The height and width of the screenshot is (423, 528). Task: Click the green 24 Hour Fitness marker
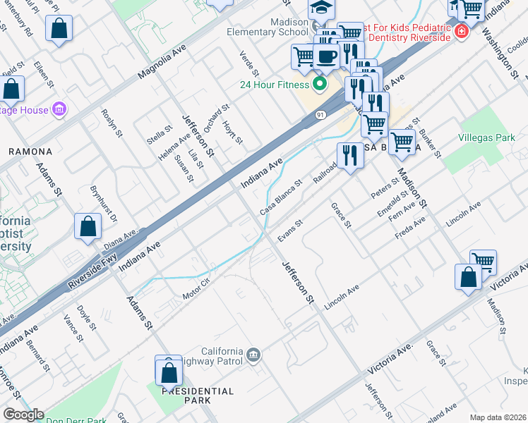click(319, 85)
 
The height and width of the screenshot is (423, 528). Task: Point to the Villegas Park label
click(487, 137)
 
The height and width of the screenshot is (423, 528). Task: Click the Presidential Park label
click(197, 396)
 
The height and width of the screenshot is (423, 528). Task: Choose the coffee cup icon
click(325, 56)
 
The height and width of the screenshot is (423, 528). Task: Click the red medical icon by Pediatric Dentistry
click(461, 31)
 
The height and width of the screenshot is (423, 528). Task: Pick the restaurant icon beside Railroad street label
click(349, 155)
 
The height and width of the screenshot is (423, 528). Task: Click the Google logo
click(23, 415)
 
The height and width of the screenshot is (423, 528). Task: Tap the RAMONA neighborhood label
click(30, 152)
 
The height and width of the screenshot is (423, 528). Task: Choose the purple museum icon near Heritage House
click(60, 109)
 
